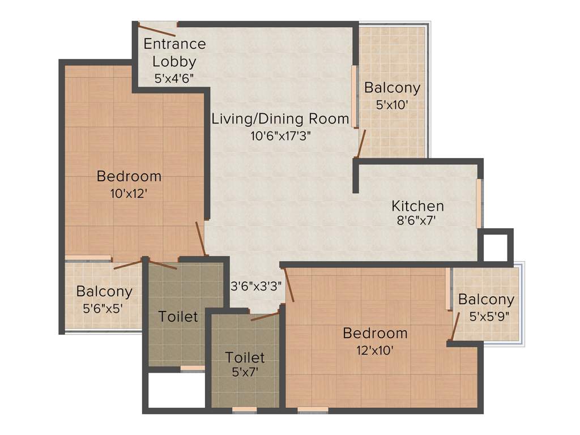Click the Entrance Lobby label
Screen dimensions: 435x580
pos(174,52)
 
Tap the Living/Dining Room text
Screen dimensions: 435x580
pos(280,119)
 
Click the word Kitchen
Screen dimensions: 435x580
pos(418,206)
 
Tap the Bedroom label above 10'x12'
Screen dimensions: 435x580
pos(129,176)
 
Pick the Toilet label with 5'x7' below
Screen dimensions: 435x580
pos(245,357)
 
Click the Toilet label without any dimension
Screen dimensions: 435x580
pos(178,316)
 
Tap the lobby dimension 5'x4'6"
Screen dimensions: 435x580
pos(174,79)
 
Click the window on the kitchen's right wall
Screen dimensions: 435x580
pos(479,203)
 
